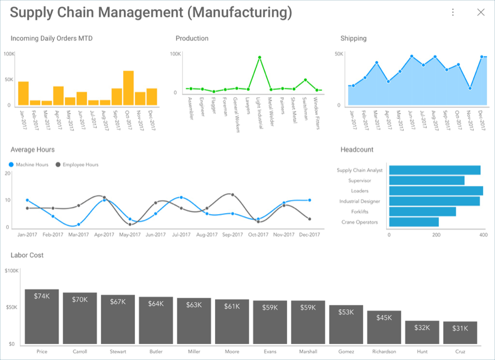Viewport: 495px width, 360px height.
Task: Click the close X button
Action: (481, 12)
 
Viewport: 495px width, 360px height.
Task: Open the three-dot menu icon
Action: (453, 12)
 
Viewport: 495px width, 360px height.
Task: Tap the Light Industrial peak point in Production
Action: (259, 57)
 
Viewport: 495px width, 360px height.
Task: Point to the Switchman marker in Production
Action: (305, 80)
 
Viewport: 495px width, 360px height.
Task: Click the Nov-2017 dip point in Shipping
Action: (470, 88)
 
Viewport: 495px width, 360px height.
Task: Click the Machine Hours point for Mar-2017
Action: (79, 224)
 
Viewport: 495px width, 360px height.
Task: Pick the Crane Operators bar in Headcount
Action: (414, 222)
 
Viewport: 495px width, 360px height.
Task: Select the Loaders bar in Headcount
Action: (436, 191)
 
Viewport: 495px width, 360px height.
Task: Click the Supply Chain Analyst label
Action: (359, 170)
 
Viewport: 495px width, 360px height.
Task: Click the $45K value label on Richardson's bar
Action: (384, 318)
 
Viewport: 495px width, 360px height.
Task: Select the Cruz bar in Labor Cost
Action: (460, 333)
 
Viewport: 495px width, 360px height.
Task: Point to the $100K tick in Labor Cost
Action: (12, 271)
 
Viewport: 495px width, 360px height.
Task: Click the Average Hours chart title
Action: (32, 150)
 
